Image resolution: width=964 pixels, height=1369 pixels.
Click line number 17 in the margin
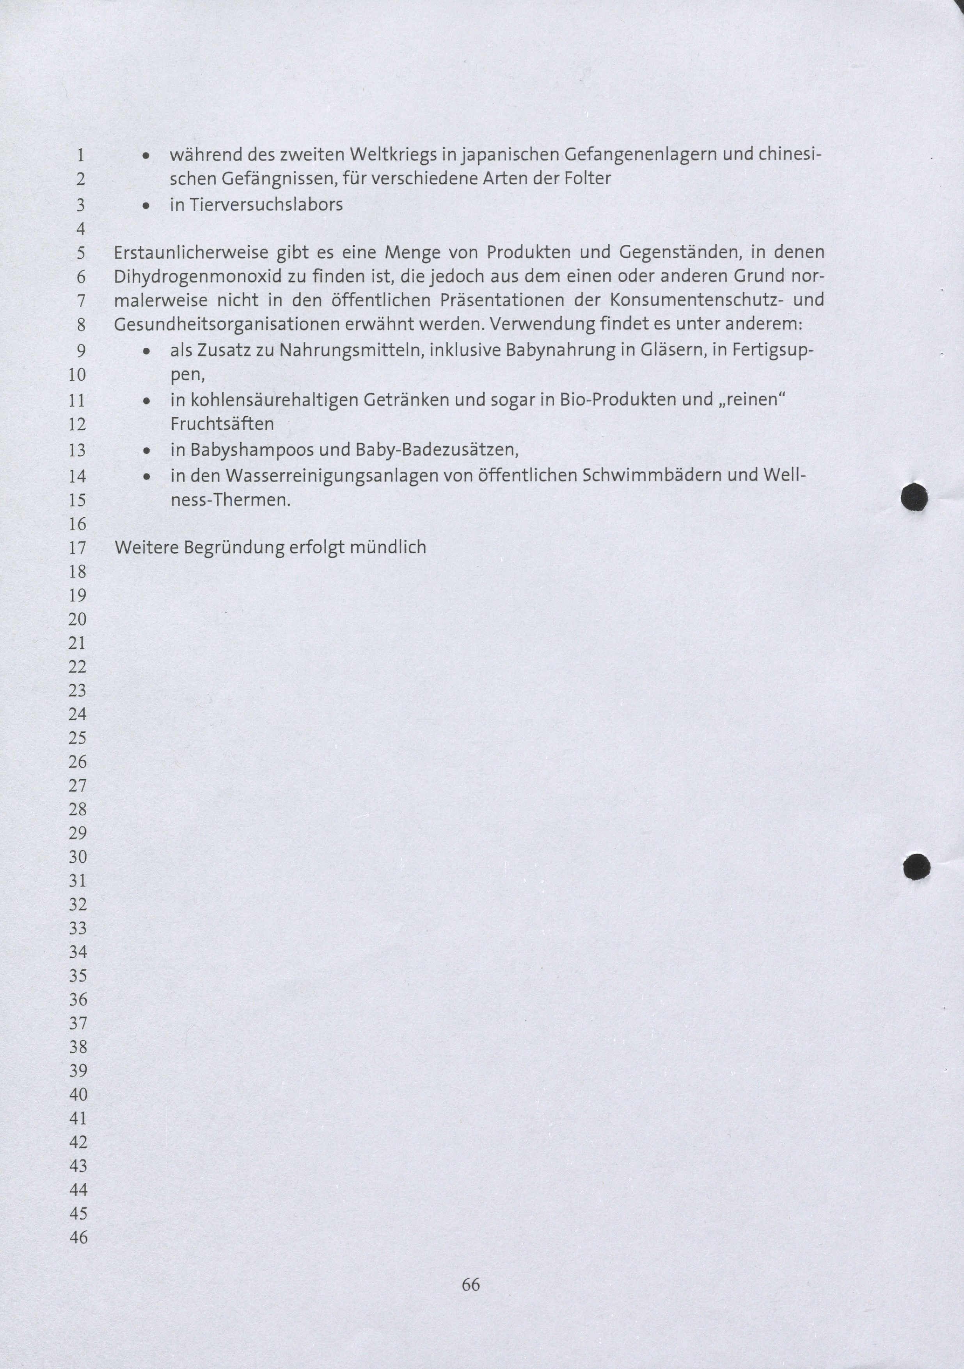(78, 547)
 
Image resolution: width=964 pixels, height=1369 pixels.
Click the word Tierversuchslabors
(266, 205)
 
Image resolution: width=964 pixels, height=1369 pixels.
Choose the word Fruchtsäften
(222, 424)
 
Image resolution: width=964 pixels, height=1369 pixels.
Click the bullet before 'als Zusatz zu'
(146, 352)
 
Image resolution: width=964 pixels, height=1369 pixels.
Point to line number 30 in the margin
(78, 857)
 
